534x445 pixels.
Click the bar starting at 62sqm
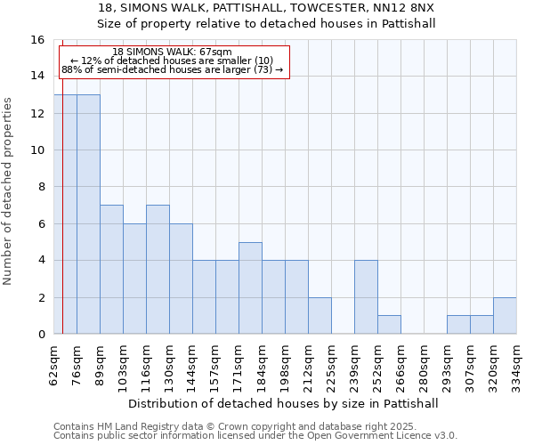(65, 214)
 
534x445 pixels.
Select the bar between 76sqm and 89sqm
(88, 214)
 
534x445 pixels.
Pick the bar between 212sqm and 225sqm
(320, 316)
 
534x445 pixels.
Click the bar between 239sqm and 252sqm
(366, 297)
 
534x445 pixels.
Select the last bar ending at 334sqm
(505, 316)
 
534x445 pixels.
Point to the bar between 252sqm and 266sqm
(389, 325)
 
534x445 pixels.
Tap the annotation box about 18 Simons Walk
(174, 61)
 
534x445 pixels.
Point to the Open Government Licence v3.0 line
(255, 436)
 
